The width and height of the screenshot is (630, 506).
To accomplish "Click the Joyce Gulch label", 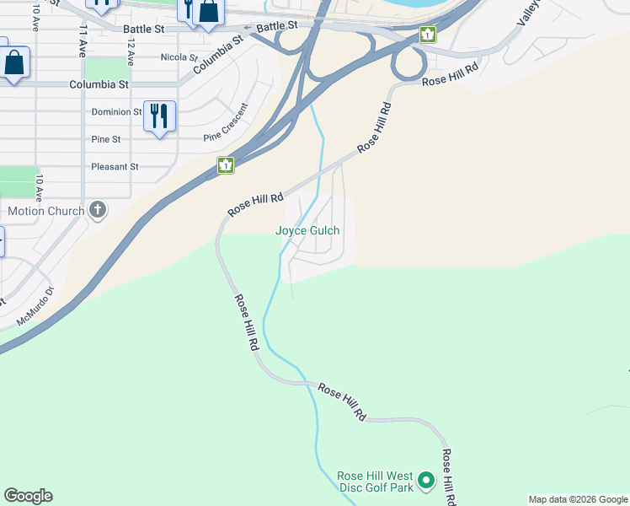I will (x=307, y=230).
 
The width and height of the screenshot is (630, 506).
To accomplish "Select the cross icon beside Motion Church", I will (x=99, y=209).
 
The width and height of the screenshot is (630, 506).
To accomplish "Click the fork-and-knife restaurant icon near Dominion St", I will (x=159, y=116).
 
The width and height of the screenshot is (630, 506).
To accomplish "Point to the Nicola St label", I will (x=178, y=57).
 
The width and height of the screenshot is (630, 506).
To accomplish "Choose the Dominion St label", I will (x=116, y=112).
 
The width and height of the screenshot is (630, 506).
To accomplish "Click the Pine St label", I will (x=105, y=139).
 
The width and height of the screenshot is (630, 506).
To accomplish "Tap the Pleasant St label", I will (x=115, y=167).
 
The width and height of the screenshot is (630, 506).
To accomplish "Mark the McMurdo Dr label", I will (x=34, y=306).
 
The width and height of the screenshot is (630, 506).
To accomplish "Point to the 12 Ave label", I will (x=131, y=52).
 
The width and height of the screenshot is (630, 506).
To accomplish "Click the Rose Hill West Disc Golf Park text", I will (x=376, y=482).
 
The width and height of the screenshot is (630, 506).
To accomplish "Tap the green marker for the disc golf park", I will (x=426, y=481).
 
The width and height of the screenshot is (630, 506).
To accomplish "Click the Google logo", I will (x=28, y=496).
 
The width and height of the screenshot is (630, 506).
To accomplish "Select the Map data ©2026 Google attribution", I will (x=577, y=499).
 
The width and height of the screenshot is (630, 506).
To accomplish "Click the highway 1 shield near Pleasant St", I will (x=226, y=165).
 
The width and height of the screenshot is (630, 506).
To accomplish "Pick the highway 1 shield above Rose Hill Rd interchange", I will (x=428, y=35).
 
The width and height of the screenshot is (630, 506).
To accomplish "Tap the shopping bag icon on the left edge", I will (x=14, y=63).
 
